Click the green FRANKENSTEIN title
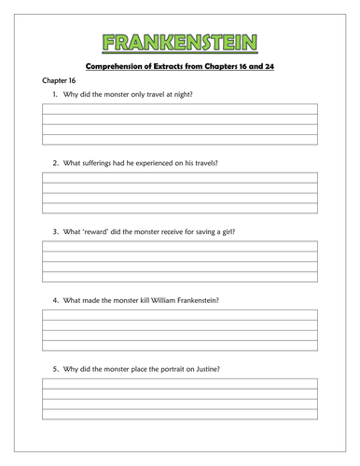tap(180, 41)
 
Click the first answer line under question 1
tap(179, 110)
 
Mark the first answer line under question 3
tap(179, 245)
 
